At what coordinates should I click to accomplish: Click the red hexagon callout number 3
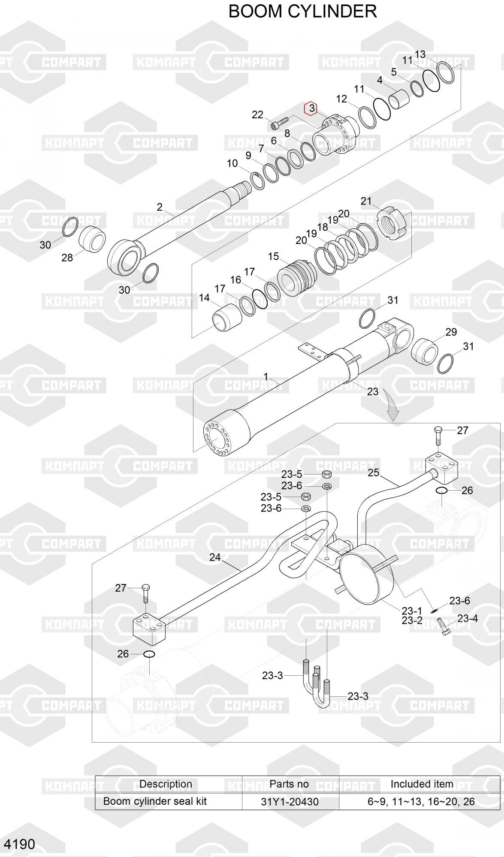pos(311,108)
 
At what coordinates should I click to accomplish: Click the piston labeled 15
pos(297,276)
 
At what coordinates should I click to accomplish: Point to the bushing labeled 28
pos(92,239)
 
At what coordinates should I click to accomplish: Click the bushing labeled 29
pos(424,351)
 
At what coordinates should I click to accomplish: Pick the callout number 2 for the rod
pos(160,207)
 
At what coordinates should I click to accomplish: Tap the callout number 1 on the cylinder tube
pos(266,377)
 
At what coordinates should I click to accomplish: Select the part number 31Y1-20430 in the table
pos(290,801)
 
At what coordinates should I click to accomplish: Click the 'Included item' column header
pos(421,784)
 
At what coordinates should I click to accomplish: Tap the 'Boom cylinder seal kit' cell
pos(155,801)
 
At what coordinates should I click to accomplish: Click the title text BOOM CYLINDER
pos(302,12)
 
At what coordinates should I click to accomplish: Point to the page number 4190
pos(20,844)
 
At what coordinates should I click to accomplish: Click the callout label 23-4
pos(467,618)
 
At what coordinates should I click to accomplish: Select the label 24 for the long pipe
pos(215,557)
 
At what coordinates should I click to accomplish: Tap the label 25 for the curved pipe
pos(373,473)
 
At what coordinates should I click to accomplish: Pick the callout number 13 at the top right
pos(420,54)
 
